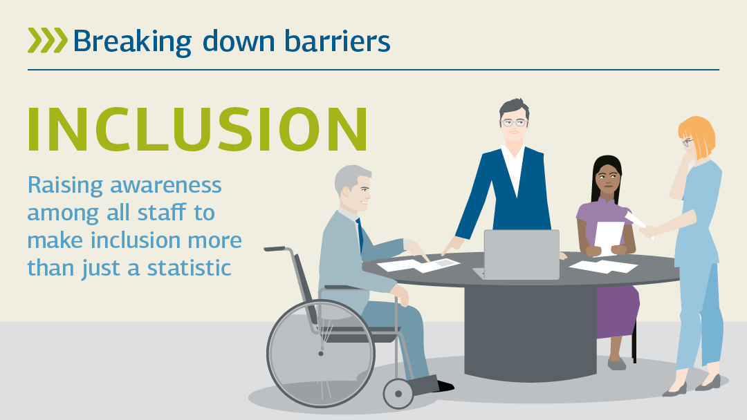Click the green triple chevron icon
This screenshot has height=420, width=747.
pyautogui.click(x=48, y=41)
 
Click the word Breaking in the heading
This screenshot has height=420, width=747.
pyautogui.click(x=132, y=42)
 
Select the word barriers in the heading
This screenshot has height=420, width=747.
pyautogui.click(x=338, y=41)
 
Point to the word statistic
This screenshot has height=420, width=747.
pyautogui.click(x=189, y=268)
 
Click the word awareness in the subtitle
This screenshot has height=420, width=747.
pyautogui.click(x=166, y=185)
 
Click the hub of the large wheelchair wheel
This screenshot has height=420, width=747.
pyautogui.click(x=321, y=354)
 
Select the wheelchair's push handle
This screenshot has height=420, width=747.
pyautogui.click(x=275, y=248)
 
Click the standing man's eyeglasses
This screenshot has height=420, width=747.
pyautogui.click(x=514, y=123)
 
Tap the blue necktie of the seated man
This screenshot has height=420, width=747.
pyautogui.click(x=360, y=235)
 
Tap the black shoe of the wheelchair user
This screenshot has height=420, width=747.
pyautogui.click(x=445, y=385)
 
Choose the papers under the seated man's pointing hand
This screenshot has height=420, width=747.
pyautogui.click(x=418, y=265)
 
